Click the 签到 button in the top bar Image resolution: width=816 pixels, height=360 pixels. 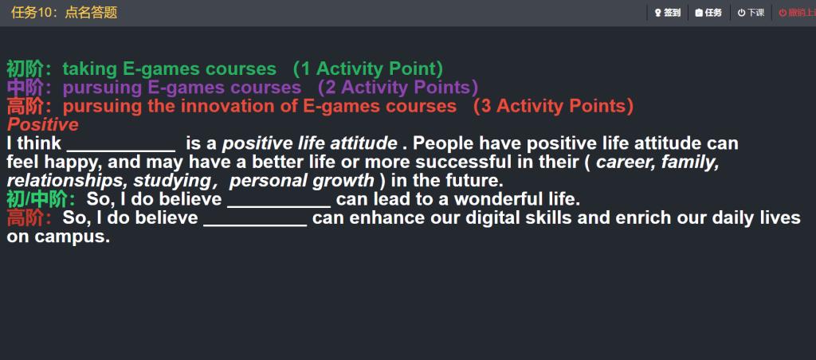pos(667,13)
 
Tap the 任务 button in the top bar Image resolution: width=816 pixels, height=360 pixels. pos(708,13)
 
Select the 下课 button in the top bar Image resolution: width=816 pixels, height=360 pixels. pos(751,13)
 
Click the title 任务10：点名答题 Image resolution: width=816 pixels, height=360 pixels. pos(64,13)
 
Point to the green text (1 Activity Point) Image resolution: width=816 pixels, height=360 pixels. pos(368,68)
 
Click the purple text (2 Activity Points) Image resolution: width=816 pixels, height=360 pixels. pos(398,88)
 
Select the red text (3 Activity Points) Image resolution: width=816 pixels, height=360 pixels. pos(553,106)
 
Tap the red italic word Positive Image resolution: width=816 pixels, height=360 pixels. pos(43,125)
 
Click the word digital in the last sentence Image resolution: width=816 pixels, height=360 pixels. pos(492,218)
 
